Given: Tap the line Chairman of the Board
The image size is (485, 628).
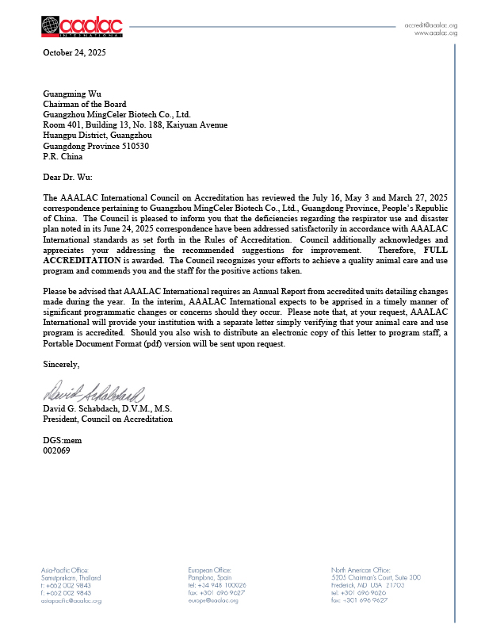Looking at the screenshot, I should [84, 104].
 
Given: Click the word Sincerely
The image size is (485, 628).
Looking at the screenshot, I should [61, 364].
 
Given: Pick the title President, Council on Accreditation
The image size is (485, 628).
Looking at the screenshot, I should [107, 419].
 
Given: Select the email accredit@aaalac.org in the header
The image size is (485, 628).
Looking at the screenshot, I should [431, 25].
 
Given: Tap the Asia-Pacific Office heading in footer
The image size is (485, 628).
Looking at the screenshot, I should [66, 570].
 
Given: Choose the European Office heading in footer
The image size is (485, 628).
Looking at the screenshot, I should [210, 570].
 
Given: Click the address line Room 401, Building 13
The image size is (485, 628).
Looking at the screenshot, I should [135, 124].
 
